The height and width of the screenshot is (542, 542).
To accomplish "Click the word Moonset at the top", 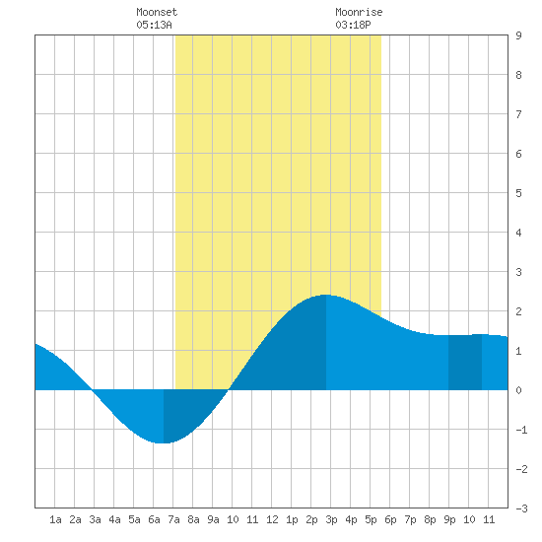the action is pos(157,12).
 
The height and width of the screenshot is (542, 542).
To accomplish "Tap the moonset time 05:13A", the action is pos(154,25).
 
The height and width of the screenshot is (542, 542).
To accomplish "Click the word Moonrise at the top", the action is pos(359,12).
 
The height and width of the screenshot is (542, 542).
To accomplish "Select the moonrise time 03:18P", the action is pos(353,25).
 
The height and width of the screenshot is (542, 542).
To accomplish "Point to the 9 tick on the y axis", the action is pos(518,35).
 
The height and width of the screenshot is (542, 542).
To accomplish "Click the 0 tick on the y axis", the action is pos(518,390).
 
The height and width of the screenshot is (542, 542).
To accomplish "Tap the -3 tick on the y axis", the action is pos(521,508).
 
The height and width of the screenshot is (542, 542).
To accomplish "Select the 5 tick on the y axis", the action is pos(518,193).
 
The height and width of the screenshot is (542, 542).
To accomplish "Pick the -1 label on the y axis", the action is pos(521,430).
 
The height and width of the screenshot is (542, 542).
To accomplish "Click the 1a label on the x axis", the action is pos(55,519).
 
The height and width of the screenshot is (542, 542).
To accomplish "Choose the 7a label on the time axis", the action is pos(173,519).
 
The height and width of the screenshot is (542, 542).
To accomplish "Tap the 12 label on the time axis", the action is pos(272,519).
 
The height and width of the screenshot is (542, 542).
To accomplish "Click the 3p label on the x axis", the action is pos(331,519).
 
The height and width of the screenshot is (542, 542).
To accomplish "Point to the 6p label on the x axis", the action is pos(390,519).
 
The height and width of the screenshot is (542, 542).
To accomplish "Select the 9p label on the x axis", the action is pos(449,519).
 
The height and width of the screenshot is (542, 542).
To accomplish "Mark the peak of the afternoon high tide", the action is pos(326,295).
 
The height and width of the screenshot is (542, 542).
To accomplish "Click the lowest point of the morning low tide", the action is pos(164,442).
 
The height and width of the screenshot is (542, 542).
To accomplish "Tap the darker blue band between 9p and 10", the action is pos(465,363).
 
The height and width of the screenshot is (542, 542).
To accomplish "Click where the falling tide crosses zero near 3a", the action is pos(93,390).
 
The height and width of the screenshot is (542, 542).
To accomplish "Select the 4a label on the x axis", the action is pos(114,519).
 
